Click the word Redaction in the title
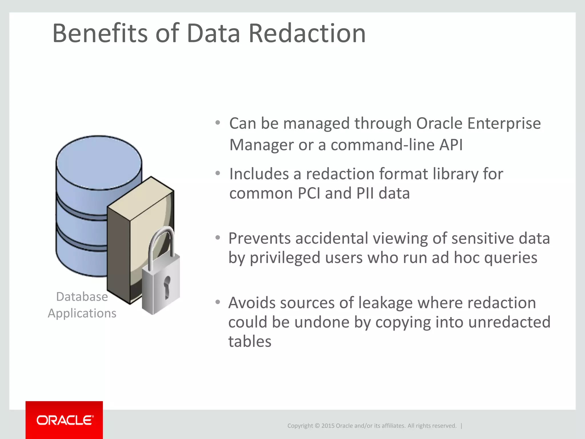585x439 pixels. tap(307, 33)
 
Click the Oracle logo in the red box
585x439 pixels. tap(65, 420)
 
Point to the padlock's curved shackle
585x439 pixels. tap(162, 243)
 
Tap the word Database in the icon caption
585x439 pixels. tap(82, 297)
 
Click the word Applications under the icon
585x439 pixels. tap(82, 313)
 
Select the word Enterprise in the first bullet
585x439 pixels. tap(504, 123)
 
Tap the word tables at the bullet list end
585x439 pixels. tap(250, 342)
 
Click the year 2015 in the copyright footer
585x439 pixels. tap(328, 426)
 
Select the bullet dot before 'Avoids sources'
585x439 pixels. tap(218, 302)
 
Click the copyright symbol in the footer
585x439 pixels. tap(317, 426)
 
